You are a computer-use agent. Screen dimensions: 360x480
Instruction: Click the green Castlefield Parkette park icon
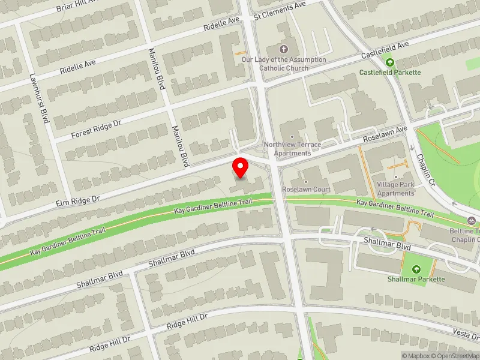390,61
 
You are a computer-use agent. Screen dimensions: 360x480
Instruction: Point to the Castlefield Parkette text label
390,73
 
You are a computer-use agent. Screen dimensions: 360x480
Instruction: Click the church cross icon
284,49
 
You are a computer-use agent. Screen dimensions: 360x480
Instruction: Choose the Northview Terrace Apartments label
293,149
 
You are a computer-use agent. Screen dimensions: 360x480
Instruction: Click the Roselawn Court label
306,190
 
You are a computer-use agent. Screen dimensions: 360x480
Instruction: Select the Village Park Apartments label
395,188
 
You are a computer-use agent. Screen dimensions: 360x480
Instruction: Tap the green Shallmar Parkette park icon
416,268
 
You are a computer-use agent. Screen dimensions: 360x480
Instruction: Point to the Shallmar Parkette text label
416,279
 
